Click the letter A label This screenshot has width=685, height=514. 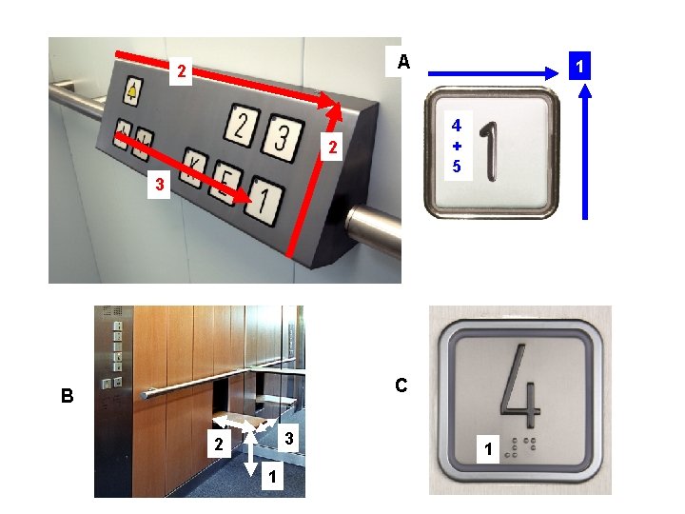click(403, 62)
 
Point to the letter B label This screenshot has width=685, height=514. click(67, 396)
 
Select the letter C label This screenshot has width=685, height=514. click(401, 385)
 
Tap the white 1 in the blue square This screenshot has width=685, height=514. click(578, 69)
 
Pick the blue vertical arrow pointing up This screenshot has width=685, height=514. click(585, 152)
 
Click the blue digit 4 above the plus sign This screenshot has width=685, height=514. click(457, 125)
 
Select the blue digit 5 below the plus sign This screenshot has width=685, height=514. click(457, 167)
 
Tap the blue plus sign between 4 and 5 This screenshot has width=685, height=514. click(457, 146)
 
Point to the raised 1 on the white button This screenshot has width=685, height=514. click(491, 151)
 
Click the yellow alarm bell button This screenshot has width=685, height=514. click(132, 92)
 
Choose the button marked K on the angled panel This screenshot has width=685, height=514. click(196, 164)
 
